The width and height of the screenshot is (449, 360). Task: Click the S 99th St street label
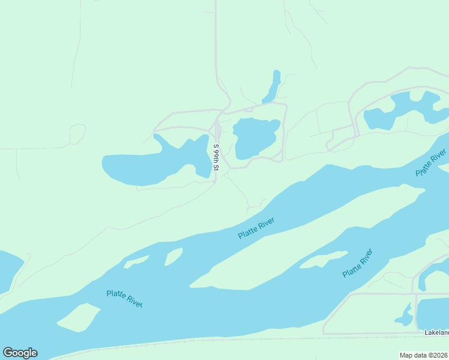tap(217, 157)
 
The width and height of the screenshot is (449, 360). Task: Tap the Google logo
tap(20, 353)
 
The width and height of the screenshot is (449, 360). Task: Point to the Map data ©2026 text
tap(424, 355)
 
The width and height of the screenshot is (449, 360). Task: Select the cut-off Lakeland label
tap(436, 332)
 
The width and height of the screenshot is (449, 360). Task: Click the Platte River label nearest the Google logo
tap(124, 298)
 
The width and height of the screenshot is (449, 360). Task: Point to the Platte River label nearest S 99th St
tap(256, 228)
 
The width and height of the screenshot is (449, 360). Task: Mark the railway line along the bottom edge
tap(240, 340)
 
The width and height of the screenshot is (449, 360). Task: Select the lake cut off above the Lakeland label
tap(433, 313)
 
